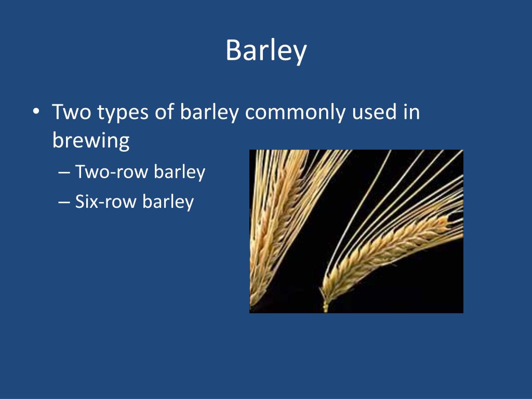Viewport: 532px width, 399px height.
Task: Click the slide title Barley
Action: tap(266, 51)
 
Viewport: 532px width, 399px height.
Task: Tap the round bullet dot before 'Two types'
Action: tap(35, 113)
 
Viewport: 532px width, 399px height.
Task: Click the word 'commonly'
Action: tap(293, 113)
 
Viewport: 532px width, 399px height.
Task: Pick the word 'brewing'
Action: tap(91, 141)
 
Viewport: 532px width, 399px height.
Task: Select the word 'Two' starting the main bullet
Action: tap(71, 112)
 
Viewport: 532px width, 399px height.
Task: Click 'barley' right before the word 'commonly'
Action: tap(209, 113)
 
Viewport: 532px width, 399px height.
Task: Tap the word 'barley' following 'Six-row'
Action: tap(168, 202)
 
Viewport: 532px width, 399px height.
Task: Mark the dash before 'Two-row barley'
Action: tap(64, 172)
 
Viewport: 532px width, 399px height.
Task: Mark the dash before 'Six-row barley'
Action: tap(64, 202)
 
